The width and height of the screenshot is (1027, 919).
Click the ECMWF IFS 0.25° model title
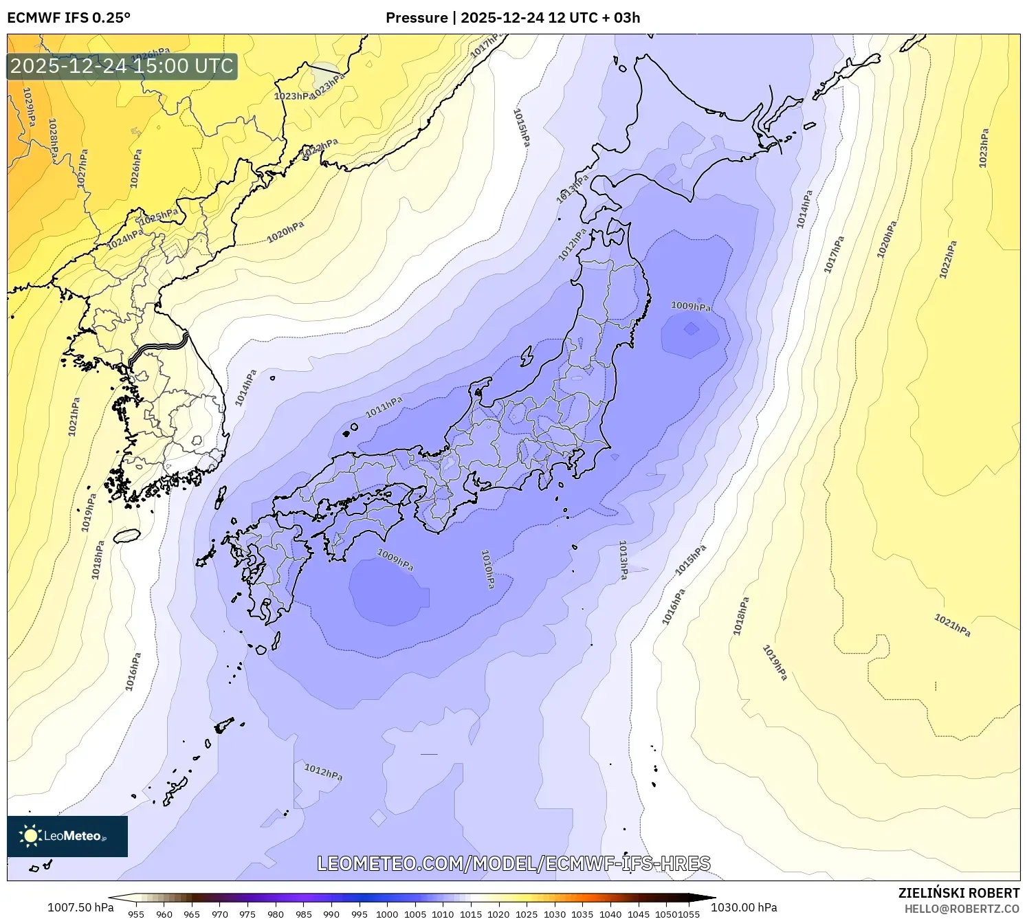69,18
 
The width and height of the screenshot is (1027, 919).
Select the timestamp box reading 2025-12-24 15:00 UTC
122,67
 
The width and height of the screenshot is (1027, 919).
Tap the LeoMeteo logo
67,836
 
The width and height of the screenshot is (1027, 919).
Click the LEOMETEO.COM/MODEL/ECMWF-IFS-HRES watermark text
513,864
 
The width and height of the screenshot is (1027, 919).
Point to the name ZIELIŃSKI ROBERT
959,893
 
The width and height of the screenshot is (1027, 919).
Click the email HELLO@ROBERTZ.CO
962,909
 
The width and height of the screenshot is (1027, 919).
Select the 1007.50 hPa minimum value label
80,907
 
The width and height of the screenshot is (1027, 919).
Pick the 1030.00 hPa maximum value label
744,907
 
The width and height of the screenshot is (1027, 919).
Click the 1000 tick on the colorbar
387,914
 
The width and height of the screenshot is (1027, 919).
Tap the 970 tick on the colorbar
220,914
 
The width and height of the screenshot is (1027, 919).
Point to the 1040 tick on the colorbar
610,914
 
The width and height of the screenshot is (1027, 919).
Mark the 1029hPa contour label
29,107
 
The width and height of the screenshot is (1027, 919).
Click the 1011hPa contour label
384,407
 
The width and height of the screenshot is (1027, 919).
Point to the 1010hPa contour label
487,569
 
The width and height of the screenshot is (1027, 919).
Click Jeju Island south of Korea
126,535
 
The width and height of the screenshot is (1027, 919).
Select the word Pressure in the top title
417,18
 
